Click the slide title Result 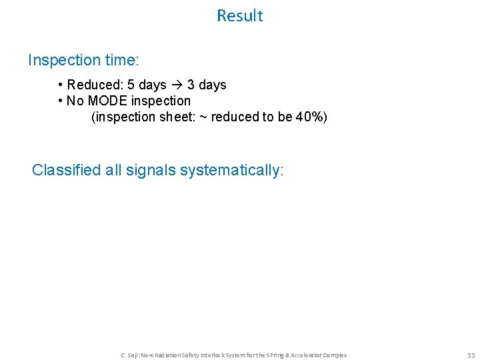click(239, 16)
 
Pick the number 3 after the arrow click(191, 85)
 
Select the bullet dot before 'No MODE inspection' click(61, 101)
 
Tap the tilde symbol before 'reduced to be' click(203, 117)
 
